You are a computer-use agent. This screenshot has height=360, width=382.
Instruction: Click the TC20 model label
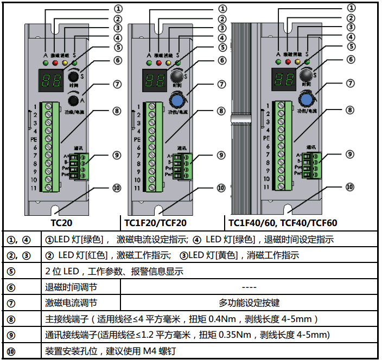pyautogui.click(x=62, y=222)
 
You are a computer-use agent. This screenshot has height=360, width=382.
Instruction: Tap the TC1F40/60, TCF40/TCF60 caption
pyautogui.click(x=283, y=222)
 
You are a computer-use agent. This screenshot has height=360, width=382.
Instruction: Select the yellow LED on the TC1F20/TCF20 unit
pyautogui.click(x=169, y=63)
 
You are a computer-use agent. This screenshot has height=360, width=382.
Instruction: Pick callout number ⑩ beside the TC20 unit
pyautogui.click(x=116, y=188)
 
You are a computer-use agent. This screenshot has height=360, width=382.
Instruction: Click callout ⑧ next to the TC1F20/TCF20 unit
pyautogui.click(x=220, y=111)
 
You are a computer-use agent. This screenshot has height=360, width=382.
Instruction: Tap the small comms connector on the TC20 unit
pyautogui.click(x=83, y=165)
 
